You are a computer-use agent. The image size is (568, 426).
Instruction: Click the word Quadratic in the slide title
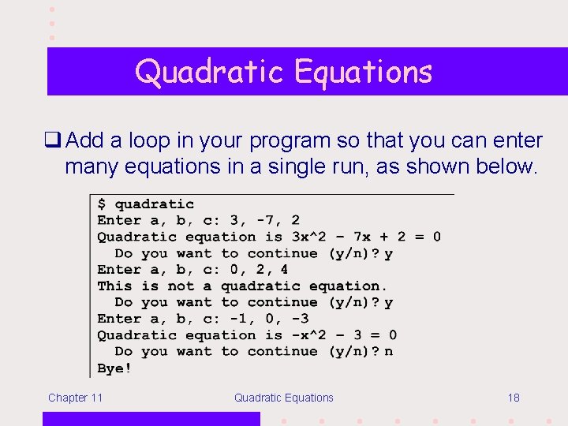click(x=210, y=72)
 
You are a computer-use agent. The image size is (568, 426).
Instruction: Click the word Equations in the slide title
click(x=363, y=72)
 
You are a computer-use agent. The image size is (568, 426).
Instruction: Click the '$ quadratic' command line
click(x=145, y=204)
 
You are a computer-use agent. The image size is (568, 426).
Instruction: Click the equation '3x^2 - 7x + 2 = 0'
click(x=365, y=237)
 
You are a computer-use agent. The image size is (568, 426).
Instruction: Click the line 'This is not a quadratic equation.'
click(x=242, y=286)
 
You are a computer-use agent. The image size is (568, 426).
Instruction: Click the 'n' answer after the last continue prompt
click(x=388, y=352)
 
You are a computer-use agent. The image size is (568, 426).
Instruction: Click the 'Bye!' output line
click(x=114, y=368)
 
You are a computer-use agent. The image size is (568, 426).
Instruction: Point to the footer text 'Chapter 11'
click(x=75, y=398)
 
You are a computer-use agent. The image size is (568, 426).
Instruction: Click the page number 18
click(x=514, y=398)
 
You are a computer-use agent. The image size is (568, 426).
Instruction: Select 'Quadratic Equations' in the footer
click(x=283, y=398)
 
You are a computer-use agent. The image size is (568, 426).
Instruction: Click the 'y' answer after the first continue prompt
click(x=388, y=253)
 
